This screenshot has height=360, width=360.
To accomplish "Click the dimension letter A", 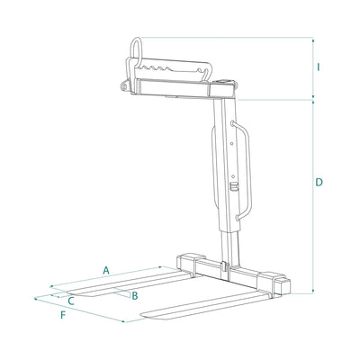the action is click(105, 270).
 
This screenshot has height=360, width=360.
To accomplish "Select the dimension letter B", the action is click(135, 296).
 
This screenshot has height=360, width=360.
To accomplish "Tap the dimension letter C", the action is click(71, 301).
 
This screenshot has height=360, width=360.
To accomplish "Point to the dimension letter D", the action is click(319, 182).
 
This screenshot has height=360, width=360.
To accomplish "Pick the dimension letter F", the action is click(63, 315).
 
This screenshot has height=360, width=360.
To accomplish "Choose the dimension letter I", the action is click(319, 67).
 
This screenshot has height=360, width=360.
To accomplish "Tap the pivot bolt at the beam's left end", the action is click(124, 85).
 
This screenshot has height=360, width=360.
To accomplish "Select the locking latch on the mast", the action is click(233, 186).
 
